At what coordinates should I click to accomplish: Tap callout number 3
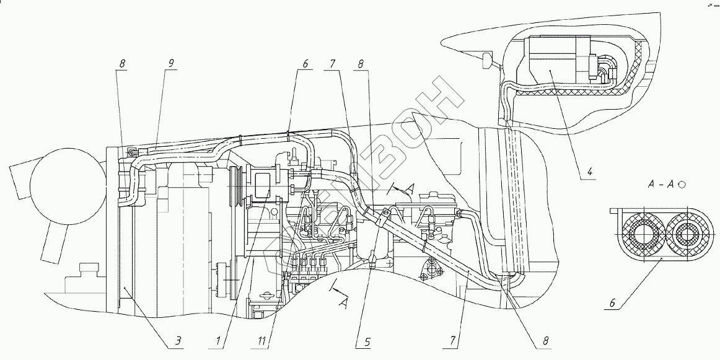point(177,341)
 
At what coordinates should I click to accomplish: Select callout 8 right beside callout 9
point(122,63)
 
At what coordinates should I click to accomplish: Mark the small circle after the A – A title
point(682,184)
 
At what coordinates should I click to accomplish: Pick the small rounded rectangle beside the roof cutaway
point(486,60)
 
